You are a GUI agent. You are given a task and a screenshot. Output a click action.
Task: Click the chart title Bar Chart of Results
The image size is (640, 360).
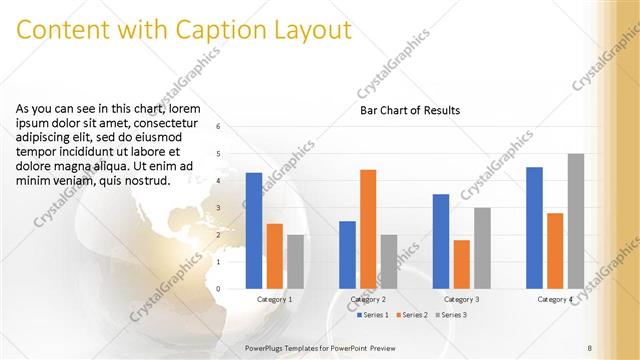coord(410,110)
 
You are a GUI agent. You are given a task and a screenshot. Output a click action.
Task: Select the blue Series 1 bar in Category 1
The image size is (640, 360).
coord(254,231)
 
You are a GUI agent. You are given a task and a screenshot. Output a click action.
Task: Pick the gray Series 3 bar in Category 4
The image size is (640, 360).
coord(575,221)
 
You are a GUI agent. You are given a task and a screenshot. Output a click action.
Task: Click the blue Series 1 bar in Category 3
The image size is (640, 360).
coord(441,241)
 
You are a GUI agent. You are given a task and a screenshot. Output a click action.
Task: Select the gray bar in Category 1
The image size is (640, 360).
coord(295,261)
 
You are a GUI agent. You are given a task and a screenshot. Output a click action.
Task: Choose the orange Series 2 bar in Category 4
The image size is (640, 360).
coord(555,250)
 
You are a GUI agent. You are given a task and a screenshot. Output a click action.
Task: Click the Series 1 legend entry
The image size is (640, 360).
coord(374,315)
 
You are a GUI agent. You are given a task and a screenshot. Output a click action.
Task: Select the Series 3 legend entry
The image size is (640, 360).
coord(451,315)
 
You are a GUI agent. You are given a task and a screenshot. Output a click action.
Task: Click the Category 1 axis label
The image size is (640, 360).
coord(275,299)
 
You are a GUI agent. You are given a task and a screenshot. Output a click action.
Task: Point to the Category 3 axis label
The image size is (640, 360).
coord(462,299)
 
